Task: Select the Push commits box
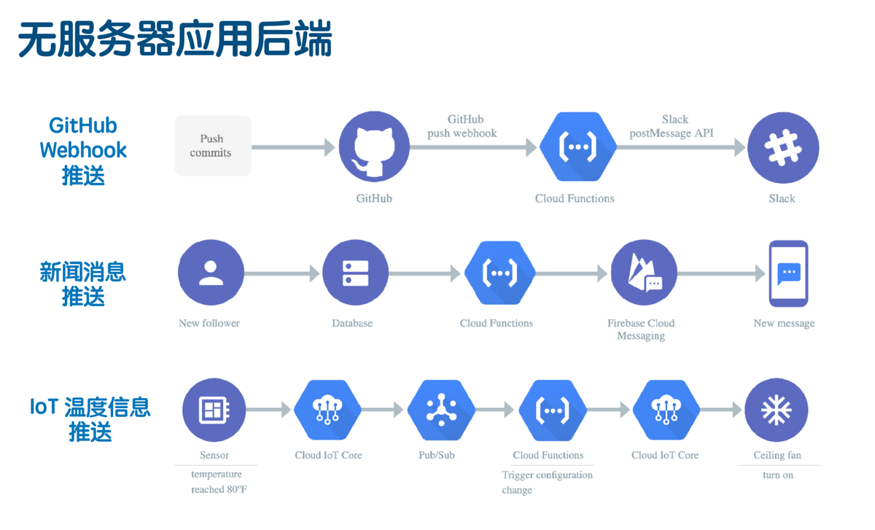tap(213, 146)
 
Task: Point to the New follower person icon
tap(211, 273)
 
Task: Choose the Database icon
tap(355, 273)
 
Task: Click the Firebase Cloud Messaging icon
tap(643, 273)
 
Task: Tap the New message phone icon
tap(789, 273)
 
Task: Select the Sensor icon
tap(214, 410)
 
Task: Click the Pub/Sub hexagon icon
tap(441, 410)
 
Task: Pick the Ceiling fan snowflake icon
tap(777, 410)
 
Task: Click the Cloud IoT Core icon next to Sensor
tap(327, 410)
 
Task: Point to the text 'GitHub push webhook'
tap(462, 126)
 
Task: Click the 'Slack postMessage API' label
tap(672, 126)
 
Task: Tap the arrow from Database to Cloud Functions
tap(425, 274)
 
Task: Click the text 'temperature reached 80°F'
tap(219, 482)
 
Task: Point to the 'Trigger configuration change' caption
tap(547, 482)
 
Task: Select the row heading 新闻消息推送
tap(83, 284)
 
